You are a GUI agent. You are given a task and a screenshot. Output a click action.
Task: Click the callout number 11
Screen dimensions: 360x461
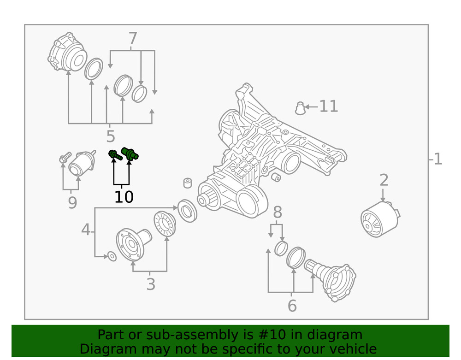coord(329,106)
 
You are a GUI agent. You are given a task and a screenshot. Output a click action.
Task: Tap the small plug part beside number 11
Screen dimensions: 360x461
coord(300,108)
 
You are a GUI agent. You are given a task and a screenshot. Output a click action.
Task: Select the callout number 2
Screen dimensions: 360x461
coord(384,180)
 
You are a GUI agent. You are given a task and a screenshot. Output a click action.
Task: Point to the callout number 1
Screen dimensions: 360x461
coord(437,159)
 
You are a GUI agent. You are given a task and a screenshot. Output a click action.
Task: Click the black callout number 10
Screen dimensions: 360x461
coord(124,197)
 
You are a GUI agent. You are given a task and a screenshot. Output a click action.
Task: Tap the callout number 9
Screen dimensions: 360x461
coord(72,203)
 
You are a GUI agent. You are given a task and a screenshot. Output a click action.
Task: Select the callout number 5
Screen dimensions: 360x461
coord(110,136)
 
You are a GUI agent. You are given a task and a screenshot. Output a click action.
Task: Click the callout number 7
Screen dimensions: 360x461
coord(133,38)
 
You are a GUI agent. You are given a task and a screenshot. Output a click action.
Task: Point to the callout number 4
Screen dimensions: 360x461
coord(86,229)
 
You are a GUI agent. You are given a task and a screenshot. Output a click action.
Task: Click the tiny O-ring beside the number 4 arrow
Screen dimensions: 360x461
coord(111,256)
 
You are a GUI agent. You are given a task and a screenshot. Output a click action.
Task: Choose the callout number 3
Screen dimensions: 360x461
coord(151,284)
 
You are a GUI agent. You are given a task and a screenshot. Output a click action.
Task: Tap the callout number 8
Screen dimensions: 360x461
coord(277,213)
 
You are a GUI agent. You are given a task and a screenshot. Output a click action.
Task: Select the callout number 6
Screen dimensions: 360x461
coord(292,305)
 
